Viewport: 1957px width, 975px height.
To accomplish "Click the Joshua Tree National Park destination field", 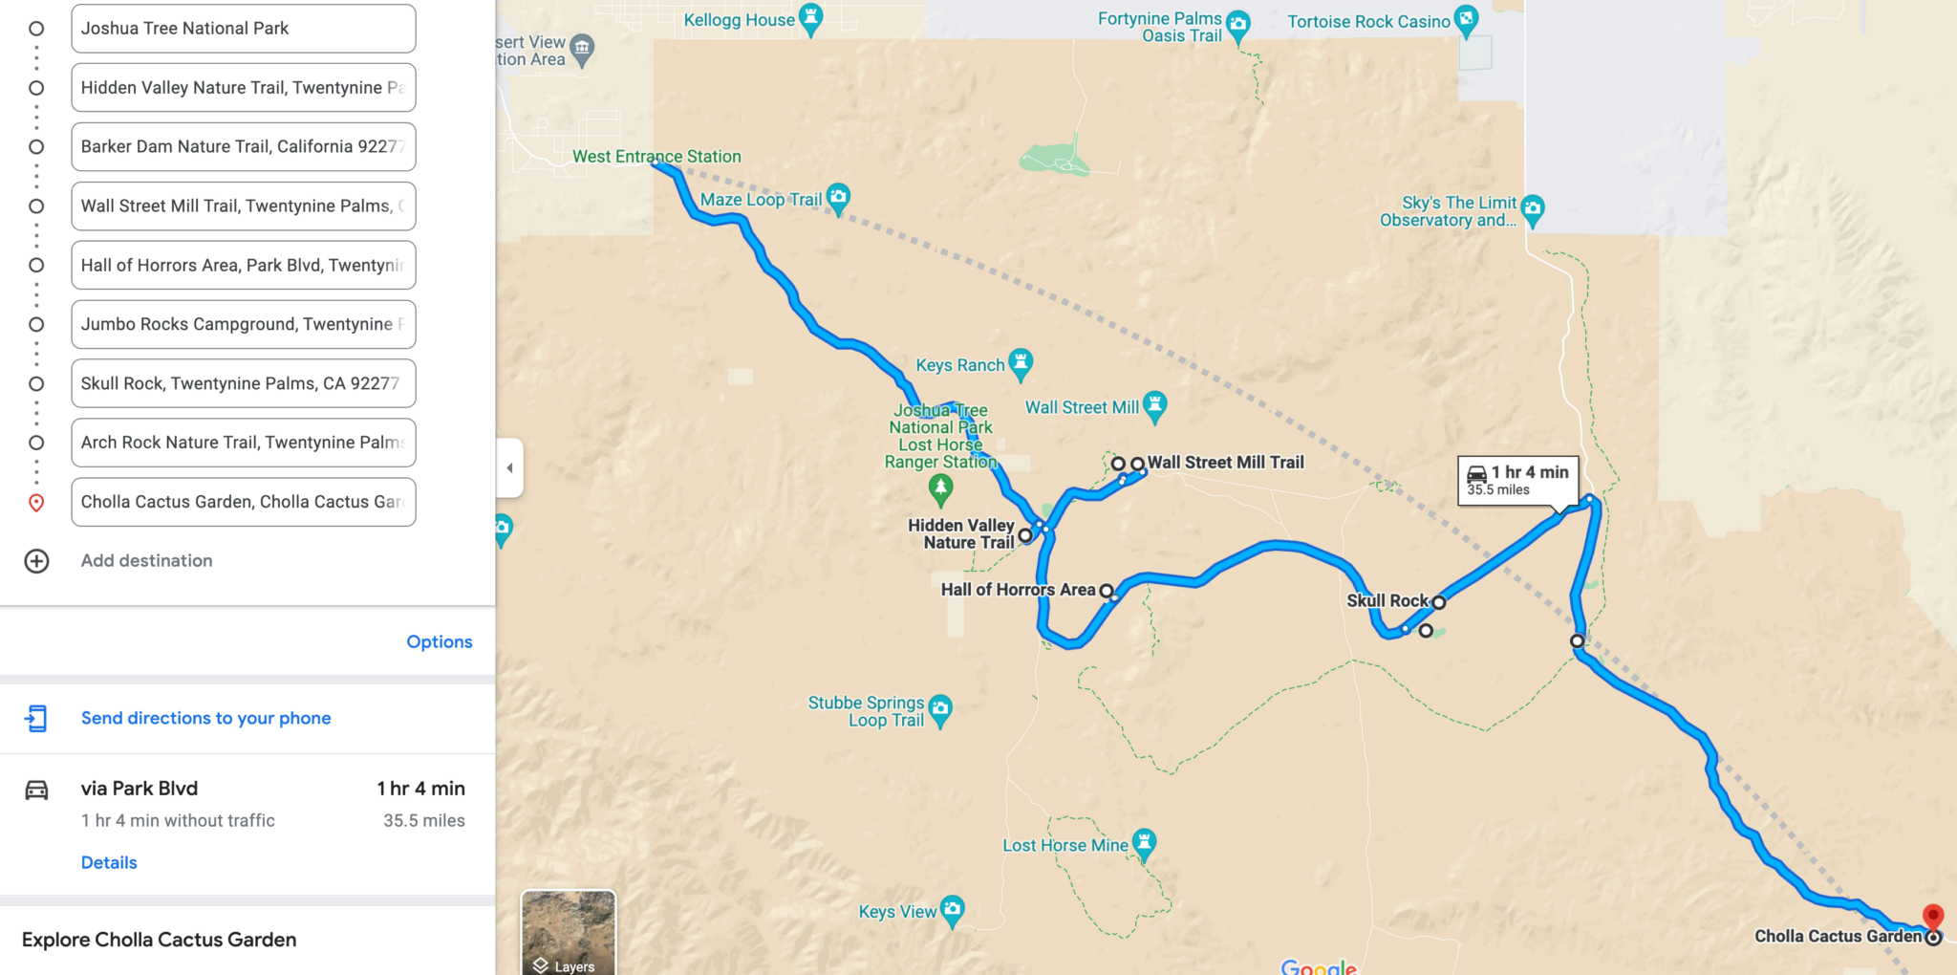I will click(243, 29).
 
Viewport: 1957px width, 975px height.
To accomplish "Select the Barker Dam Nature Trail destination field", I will click(243, 147).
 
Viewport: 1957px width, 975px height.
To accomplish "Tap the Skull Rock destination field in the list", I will click(243, 383).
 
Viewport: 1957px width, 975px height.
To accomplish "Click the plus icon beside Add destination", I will click(36, 561).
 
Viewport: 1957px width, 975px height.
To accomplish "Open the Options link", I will click(439, 641).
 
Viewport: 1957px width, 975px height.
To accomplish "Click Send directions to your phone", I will click(205, 718).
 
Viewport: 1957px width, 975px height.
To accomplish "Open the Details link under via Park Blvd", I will click(109, 862).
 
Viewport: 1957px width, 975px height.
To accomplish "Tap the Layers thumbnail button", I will click(569, 932).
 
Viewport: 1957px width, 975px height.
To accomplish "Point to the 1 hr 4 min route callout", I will click(1517, 480).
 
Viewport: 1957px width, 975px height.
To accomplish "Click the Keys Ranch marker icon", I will click(1021, 362).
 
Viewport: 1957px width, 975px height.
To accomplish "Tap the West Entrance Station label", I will click(656, 157).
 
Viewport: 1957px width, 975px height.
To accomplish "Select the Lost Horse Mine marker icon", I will click(1144, 843).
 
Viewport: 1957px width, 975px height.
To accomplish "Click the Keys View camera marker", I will click(952, 910).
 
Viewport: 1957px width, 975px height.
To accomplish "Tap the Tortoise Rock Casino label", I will click(1367, 22).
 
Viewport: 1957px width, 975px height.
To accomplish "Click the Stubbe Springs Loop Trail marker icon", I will click(940, 708).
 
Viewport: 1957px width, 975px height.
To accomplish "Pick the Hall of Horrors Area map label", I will click(1018, 590).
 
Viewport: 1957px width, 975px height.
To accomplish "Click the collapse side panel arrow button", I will click(509, 468).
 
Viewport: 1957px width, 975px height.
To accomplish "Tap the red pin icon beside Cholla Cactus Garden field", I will click(36, 503).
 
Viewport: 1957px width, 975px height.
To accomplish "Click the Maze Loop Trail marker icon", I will click(838, 198).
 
